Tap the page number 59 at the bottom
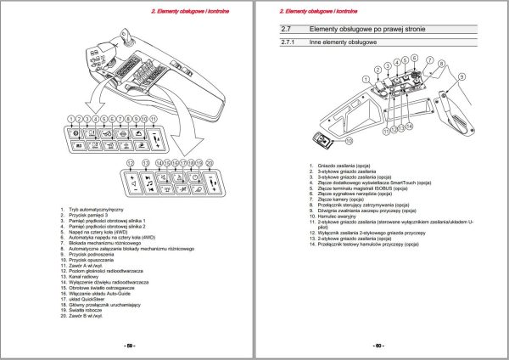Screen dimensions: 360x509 (x=130, y=346)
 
